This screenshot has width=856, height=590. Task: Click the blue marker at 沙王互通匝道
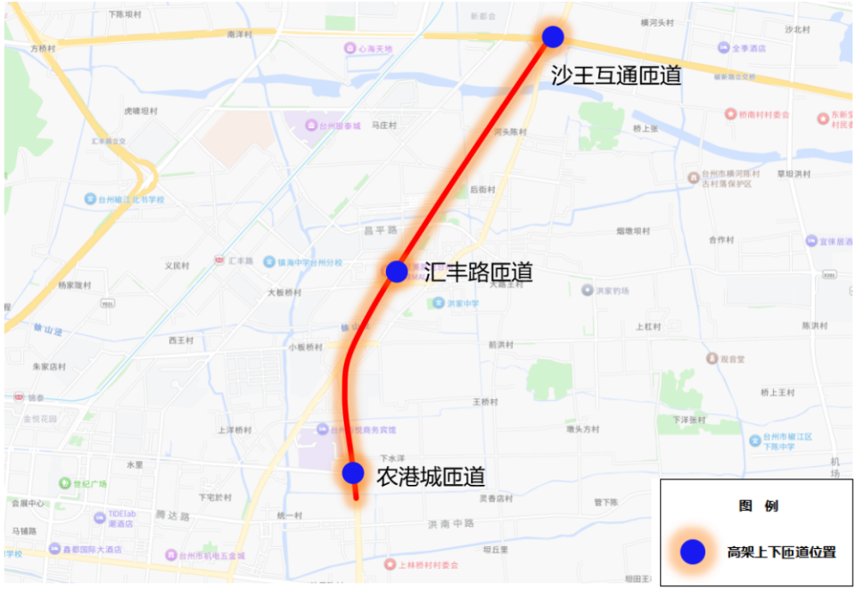point(553,37)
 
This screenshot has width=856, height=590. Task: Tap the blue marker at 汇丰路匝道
point(397,271)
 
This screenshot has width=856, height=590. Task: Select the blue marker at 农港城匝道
point(353,472)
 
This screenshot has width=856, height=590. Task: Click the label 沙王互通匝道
point(616,75)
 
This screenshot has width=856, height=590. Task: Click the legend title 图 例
point(758,505)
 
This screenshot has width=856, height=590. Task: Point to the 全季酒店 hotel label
point(749,48)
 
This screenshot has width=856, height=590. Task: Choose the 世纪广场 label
point(89,484)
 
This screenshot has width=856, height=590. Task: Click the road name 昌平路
point(380,230)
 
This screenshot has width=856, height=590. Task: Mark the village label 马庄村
point(383,126)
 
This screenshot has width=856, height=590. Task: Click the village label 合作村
point(720,240)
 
